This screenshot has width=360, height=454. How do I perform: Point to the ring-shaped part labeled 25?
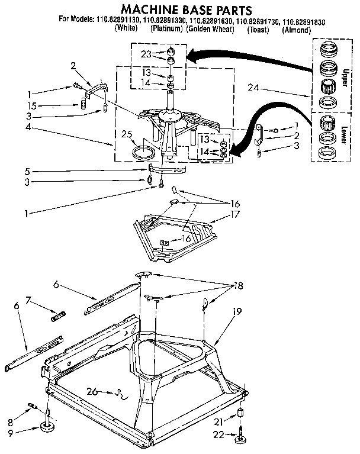143,152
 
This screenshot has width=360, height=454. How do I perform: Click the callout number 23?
146,53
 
